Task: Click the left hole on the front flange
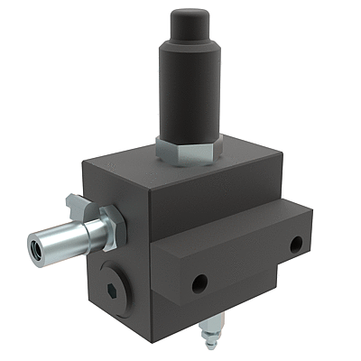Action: pos(199,283)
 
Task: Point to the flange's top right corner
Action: pos(312,210)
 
